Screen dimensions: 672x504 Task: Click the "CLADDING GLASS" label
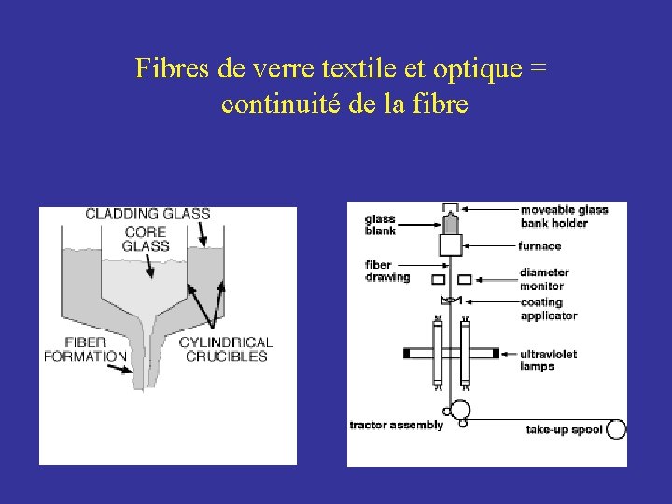147,214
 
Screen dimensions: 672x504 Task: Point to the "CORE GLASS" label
146,239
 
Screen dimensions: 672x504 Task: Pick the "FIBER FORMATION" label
85,349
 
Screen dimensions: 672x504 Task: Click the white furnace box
451,245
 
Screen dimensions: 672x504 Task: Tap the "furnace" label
539,246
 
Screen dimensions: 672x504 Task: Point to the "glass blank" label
380,225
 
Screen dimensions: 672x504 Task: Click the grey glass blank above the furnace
450,223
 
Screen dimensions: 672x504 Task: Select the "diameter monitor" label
544,279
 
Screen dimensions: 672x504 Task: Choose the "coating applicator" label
549,309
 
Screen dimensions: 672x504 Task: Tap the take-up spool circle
616,429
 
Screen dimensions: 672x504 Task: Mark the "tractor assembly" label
396,426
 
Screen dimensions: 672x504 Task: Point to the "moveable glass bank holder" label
564,216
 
